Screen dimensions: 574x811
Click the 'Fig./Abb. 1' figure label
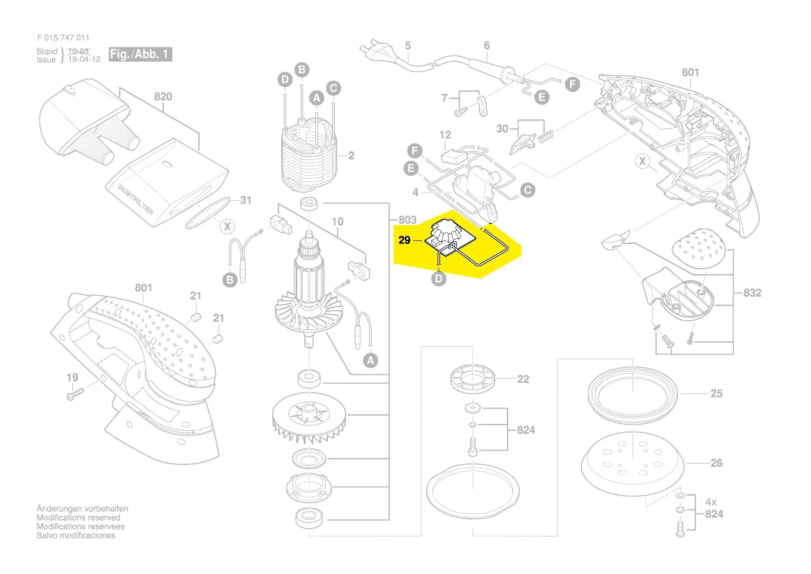pyautogui.click(x=140, y=54)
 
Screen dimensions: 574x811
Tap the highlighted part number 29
pyautogui.click(x=405, y=240)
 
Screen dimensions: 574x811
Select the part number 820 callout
pyautogui.click(x=162, y=97)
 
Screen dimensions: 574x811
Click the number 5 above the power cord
pyautogui.click(x=408, y=46)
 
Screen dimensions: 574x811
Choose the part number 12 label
pyautogui.click(x=445, y=135)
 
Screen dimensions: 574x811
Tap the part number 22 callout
pyautogui.click(x=523, y=379)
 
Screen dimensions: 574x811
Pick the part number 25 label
pyautogui.click(x=717, y=393)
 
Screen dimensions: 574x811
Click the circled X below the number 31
pyautogui.click(x=226, y=226)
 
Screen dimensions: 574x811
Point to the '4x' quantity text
pyautogui.click(x=712, y=501)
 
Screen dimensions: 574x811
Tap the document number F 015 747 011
pyautogui.click(x=63, y=38)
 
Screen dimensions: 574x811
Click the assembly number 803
pyautogui.click(x=408, y=220)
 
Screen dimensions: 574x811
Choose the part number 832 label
pyautogui.click(x=752, y=293)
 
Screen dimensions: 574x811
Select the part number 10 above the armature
pyautogui.click(x=337, y=222)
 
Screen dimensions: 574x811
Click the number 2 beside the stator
pyautogui.click(x=351, y=156)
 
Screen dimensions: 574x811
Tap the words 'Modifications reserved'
pyautogui.click(x=78, y=518)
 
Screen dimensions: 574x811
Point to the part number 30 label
pyautogui.click(x=502, y=129)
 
